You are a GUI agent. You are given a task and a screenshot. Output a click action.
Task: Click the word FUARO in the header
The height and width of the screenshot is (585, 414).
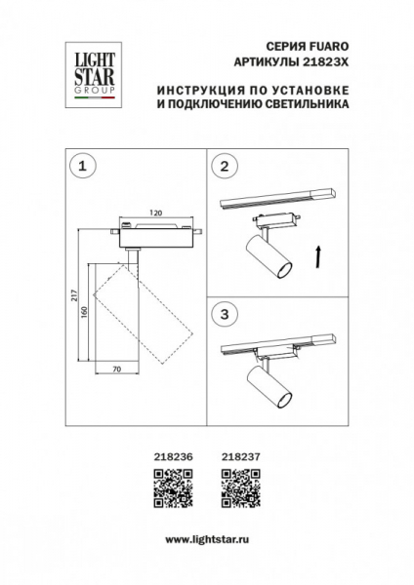click(x=330, y=46)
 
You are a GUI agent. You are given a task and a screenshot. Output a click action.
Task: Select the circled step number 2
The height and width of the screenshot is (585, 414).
click(x=226, y=167)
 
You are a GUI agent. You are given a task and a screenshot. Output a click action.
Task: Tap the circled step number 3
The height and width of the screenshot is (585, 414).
click(x=226, y=314)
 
